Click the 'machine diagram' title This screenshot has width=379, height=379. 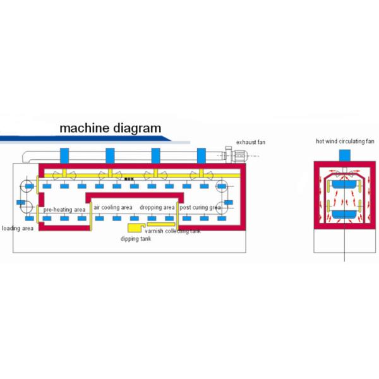[x=110, y=128]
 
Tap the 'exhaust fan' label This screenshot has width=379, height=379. [x=251, y=143]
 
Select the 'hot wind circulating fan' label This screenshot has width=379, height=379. [x=345, y=141]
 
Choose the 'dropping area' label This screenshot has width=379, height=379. [x=157, y=207]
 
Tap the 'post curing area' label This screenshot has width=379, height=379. [x=200, y=207]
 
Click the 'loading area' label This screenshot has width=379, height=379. [x=18, y=228]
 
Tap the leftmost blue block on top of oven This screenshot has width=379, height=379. [x=64, y=155]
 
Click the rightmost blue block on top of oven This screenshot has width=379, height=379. [x=202, y=155]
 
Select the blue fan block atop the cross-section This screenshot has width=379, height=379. [x=345, y=155]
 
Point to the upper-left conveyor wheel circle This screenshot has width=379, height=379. [x=27, y=186]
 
